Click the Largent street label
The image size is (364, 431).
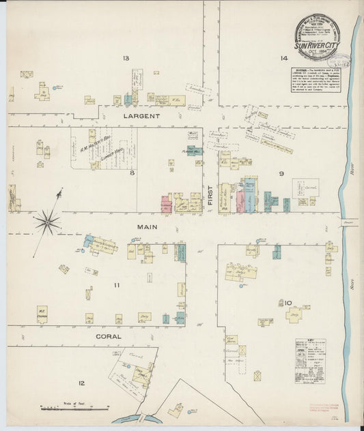[x=141, y=117]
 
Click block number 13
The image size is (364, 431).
[x=125, y=59]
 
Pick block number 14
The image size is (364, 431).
[x=283, y=59]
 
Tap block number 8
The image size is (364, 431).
[x=134, y=173]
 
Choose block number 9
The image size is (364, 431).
[x=281, y=173]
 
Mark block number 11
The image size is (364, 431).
[x=117, y=284]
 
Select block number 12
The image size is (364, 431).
[x=81, y=384]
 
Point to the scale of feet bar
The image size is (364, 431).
[x=74, y=408]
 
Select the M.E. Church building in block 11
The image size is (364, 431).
[x=42, y=314]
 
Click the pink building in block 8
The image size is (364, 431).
[x=165, y=203]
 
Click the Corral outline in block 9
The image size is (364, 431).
[x=305, y=188]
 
